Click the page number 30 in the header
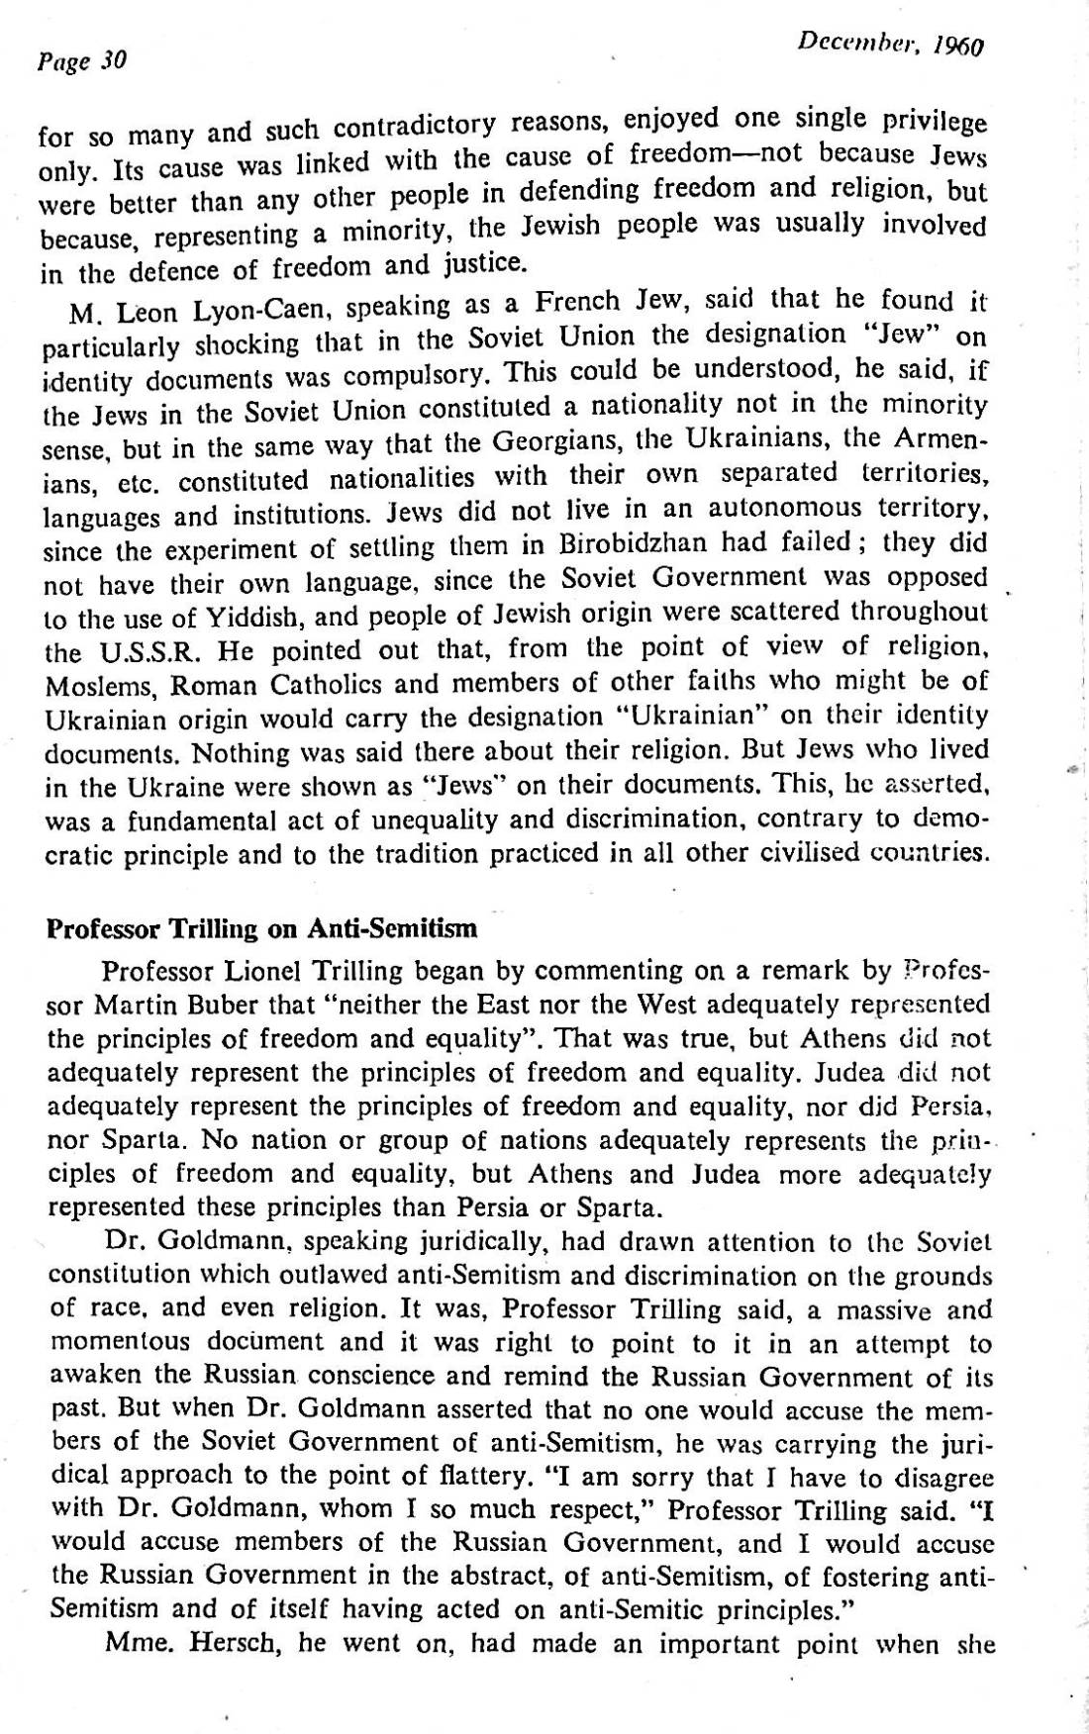point(113,61)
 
